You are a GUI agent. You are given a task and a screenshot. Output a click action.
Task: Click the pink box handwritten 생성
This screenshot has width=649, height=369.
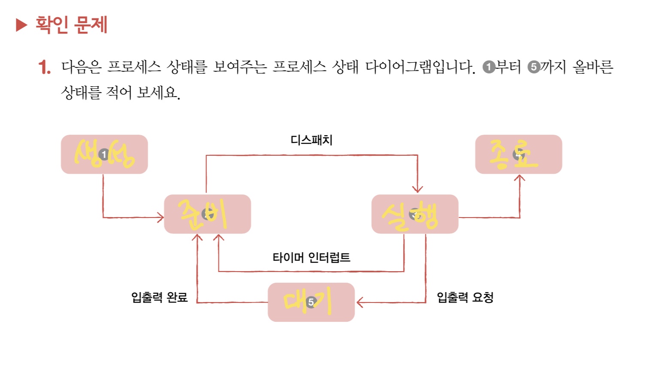[104, 154]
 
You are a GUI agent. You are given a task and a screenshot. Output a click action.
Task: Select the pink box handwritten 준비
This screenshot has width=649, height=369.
[207, 214]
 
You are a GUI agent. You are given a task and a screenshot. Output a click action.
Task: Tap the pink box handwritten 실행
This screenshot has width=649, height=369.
[415, 214]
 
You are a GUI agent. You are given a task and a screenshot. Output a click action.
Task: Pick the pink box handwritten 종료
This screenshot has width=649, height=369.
[519, 154]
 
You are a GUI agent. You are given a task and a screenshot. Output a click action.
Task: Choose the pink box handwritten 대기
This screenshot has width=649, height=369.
[311, 302]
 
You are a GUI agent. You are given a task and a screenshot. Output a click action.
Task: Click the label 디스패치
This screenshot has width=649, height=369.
[312, 140]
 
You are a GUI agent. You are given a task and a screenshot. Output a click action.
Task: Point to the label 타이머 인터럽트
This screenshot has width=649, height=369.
[312, 257]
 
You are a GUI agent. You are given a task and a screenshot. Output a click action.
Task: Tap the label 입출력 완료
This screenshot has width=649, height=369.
[159, 297]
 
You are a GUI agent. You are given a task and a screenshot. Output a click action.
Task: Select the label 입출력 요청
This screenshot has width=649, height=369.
[465, 297]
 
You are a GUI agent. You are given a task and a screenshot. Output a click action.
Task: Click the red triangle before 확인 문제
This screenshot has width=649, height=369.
[21, 25]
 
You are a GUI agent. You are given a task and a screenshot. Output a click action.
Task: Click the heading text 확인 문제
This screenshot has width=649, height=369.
[71, 24]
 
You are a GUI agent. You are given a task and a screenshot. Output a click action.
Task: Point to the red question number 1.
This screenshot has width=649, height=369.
[44, 67]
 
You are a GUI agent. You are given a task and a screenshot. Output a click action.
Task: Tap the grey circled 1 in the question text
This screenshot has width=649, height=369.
[489, 67]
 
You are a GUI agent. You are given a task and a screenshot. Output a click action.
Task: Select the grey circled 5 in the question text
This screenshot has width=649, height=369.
[534, 67]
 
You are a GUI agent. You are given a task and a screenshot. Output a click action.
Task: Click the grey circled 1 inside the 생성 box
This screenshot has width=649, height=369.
[103, 154]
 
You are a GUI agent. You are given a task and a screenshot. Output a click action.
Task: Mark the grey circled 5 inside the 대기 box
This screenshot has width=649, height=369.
[311, 302]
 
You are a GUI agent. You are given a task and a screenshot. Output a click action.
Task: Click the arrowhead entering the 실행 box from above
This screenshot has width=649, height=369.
[418, 189]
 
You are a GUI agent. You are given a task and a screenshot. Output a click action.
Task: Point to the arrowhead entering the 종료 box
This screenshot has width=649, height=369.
[519, 178]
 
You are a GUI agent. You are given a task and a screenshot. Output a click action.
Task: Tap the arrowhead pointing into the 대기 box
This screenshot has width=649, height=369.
[360, 302]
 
